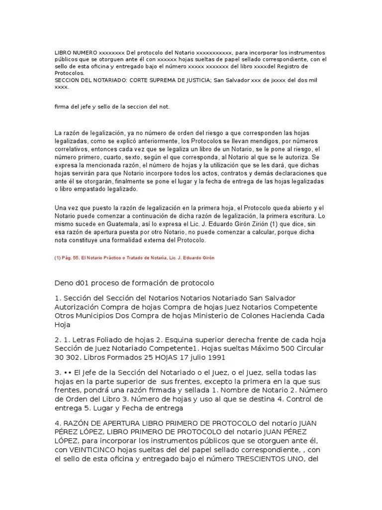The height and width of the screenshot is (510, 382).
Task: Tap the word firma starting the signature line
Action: (61, 107)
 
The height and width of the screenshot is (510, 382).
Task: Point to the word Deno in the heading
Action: (64, 283)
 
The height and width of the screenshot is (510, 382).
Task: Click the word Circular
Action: (308, 349)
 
